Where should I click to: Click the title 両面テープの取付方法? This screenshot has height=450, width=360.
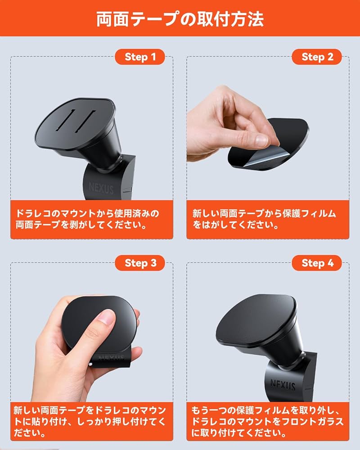[180, 18]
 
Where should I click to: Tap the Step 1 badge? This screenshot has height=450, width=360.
[140, 57]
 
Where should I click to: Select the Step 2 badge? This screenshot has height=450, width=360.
[317, 57]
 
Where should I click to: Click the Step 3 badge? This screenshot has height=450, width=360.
[140, 263]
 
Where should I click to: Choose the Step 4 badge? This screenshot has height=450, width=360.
[317, 263]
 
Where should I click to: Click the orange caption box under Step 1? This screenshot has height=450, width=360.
[92, 219]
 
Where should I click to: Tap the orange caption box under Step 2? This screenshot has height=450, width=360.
[268, 219]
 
